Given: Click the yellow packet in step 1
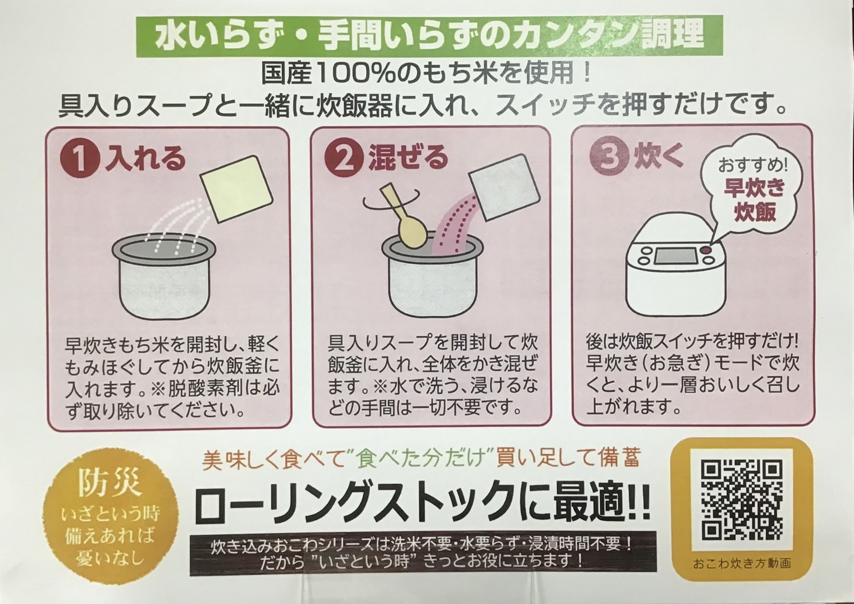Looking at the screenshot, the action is pyautogui.click(x=237, y=189).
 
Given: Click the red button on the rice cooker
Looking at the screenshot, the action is pyautogui.click(x=706, y=250).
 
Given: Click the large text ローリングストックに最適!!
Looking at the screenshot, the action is pyautogui.click(x=422, y=505).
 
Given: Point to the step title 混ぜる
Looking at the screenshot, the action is pyautogui.click(x=408, y=158).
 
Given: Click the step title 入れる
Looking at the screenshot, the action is pyautogui.click(x=145, y=159).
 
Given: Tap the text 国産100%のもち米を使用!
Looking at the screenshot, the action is pyautogui.click(x=426, y=74).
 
